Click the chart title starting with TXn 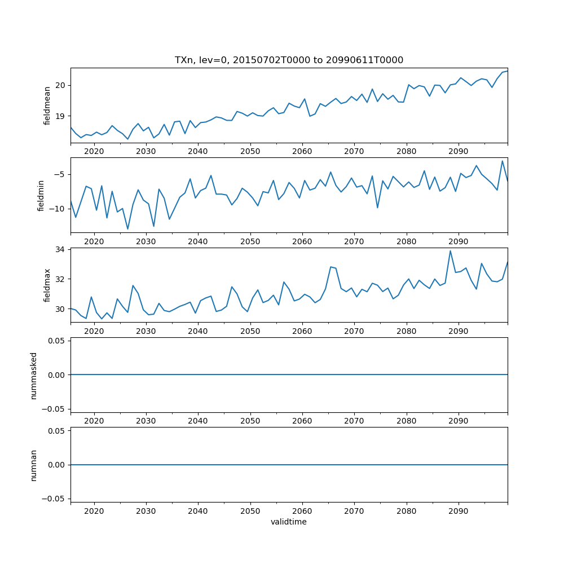289,60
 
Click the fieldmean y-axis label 47,105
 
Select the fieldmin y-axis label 41,195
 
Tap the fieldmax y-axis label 47,285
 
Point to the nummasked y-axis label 34,375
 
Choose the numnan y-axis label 34,465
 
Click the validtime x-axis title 289,522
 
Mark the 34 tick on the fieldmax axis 60,249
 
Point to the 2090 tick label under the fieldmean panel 458,152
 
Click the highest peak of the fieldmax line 450,251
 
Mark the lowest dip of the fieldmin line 128,229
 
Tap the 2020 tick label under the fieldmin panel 94,241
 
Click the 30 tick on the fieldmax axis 60,309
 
